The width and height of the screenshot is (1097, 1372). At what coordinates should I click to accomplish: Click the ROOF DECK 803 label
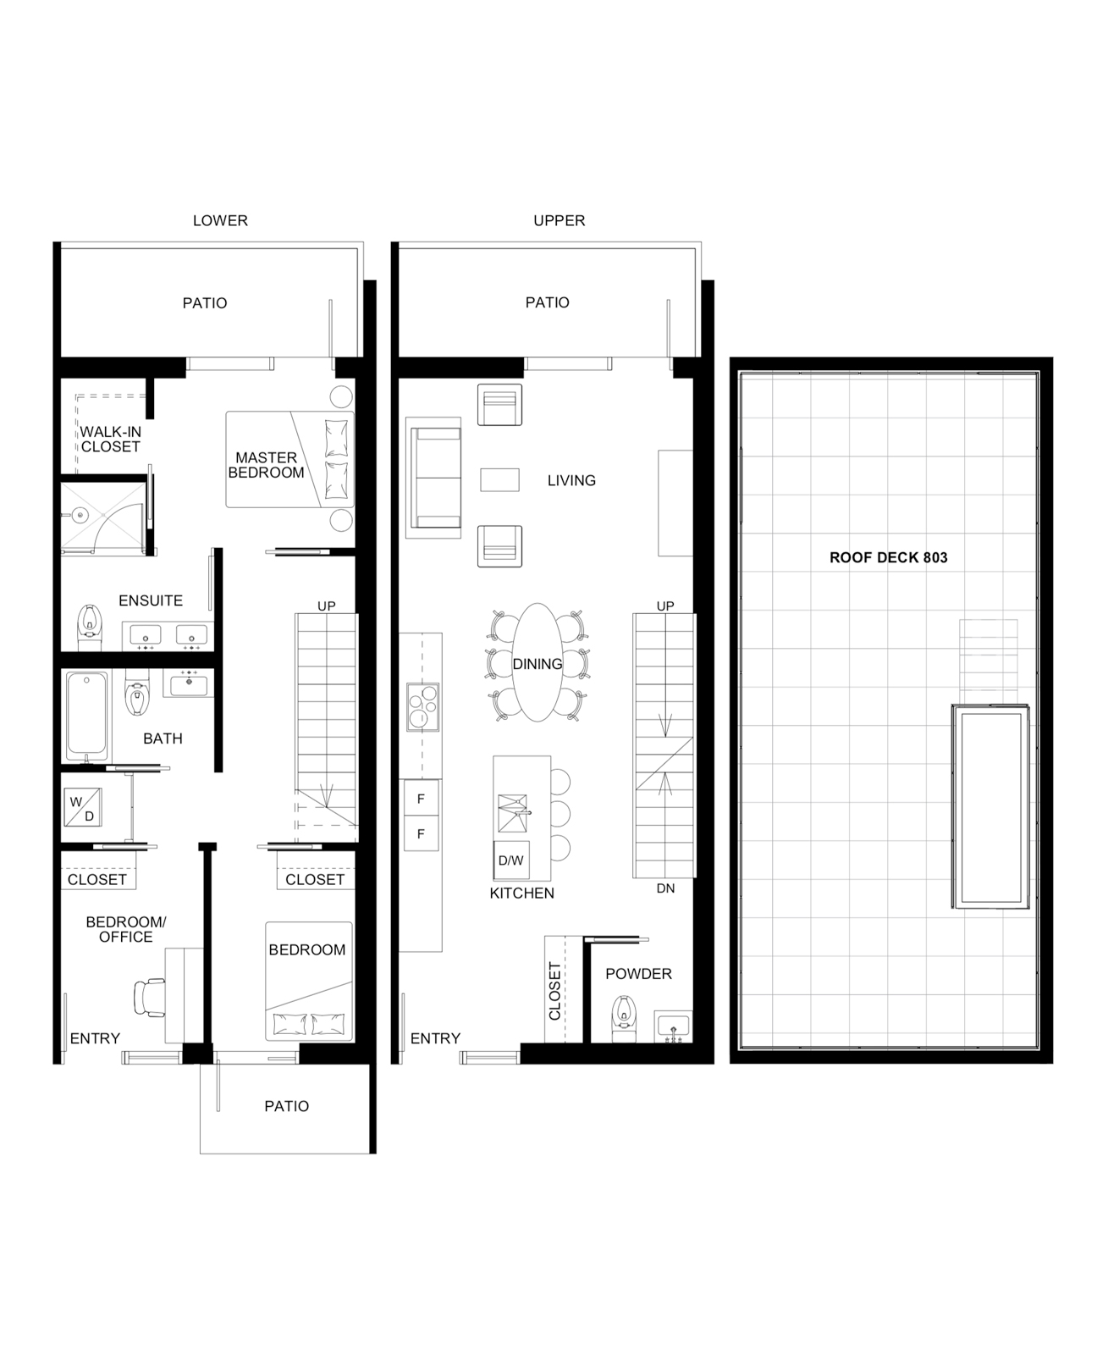pyautogui.click(x=888, y=558)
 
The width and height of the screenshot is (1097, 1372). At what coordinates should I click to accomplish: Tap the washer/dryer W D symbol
pyautogui.click(x=83, y=808)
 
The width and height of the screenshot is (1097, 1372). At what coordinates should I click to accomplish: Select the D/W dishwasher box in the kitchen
pyautogui.click(x=511, y=860)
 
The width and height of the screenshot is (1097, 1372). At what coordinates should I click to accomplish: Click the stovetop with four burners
pyautogui.click(x=422, y=706)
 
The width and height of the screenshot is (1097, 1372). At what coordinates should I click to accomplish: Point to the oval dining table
pyautogui.click(x=537, y=662)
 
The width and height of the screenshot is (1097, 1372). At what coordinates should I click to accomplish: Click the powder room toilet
pyautogui.click(x=623, y=1019)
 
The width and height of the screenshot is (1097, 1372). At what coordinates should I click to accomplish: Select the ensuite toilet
pyautogui.click(x=90, y=628)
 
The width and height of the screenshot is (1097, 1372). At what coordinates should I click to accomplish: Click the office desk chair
pyautogui.click(x=148, y=998)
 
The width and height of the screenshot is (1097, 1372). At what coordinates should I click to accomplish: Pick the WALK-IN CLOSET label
pyautogui.click(x=110, y=440)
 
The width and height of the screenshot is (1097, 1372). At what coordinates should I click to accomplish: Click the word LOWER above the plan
pyautogui.click(x=221, y=220)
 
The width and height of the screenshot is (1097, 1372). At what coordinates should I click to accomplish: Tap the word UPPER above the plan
pyautogui.click(x=559, y=220)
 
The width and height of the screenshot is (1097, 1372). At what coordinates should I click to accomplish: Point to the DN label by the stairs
pyautogui.click(x=665, y=888)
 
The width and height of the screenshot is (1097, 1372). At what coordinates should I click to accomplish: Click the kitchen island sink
pyautogui.click(x=512, y=814)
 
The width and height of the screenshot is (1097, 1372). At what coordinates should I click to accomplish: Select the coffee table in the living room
pyautogui.click(x=499, y=480)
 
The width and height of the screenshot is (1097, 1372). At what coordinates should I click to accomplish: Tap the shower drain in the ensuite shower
pyautogui.click(x=79, y=513)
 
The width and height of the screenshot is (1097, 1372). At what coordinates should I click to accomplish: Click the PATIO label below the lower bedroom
pyautogui.click(x=287, y=1106)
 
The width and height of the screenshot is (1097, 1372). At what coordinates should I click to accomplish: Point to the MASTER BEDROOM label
pyautogui.click(x=266, y=466)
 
